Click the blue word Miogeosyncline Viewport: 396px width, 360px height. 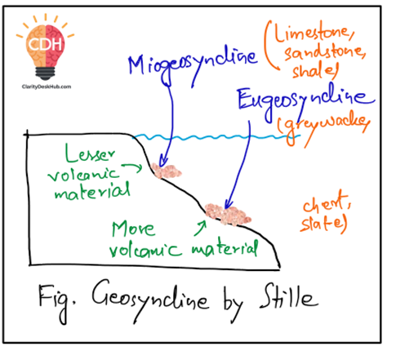(x=193, y=67)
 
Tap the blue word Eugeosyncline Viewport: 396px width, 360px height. (x=306, y=102)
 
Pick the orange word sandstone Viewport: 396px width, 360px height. (x=325, y=53)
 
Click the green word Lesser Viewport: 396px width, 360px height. (x=90, y=153)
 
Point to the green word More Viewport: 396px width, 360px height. (x=133, y=229)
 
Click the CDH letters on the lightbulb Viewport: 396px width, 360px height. (x=45, y=44)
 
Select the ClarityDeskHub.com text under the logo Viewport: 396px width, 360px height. (x=47, y=87)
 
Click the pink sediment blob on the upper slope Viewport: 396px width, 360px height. (x=166, y=171)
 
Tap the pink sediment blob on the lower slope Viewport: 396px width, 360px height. (x=228, y=215)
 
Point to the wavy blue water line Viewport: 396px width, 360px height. (x=216, y=137)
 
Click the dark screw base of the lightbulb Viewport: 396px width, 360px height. (x=45, y=73)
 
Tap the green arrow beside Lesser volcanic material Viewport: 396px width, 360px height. (x=133, y=166)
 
